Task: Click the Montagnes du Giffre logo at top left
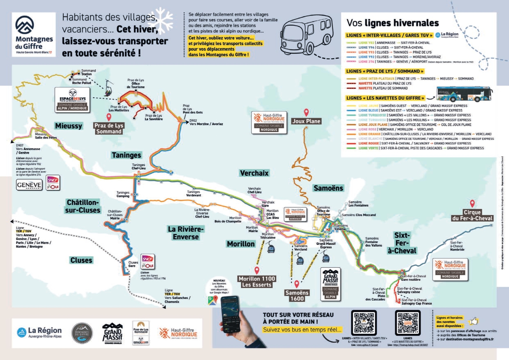point(34,35)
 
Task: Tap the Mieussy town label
point(68,126)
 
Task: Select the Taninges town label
point(126,155)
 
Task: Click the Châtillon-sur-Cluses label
point(83,206)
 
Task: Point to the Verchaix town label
point(254,173)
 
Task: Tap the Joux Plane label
point(306,121)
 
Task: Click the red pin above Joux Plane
point(306,112)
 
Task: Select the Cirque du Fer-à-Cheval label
point(472,215)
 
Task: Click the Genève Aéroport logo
point(29,185)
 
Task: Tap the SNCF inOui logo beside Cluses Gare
point(148,261)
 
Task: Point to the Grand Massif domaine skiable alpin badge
point(331,284)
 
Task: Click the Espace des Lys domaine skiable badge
point(73,100)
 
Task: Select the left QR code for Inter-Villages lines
point(364,323)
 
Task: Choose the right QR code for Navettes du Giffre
point(408,323)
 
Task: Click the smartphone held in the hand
point(230,313)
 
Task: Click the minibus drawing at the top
point(308,34)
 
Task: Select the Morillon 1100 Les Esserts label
point(257,282)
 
